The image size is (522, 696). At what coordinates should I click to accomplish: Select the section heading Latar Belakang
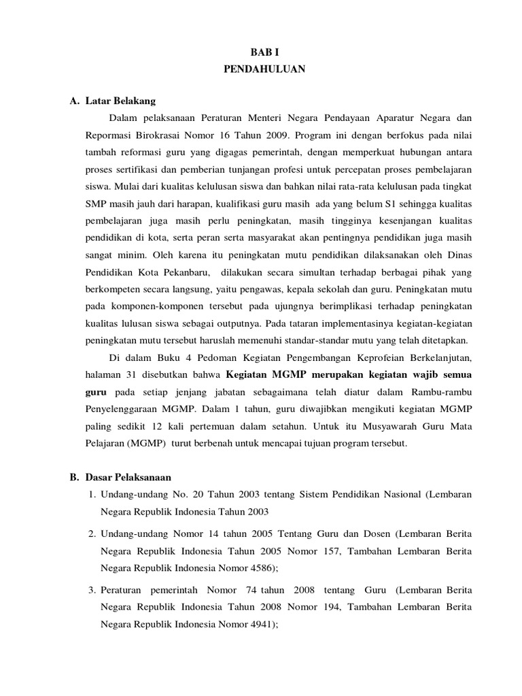point(120,101)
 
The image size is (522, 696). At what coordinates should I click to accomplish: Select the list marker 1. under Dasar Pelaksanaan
point(92,493)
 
